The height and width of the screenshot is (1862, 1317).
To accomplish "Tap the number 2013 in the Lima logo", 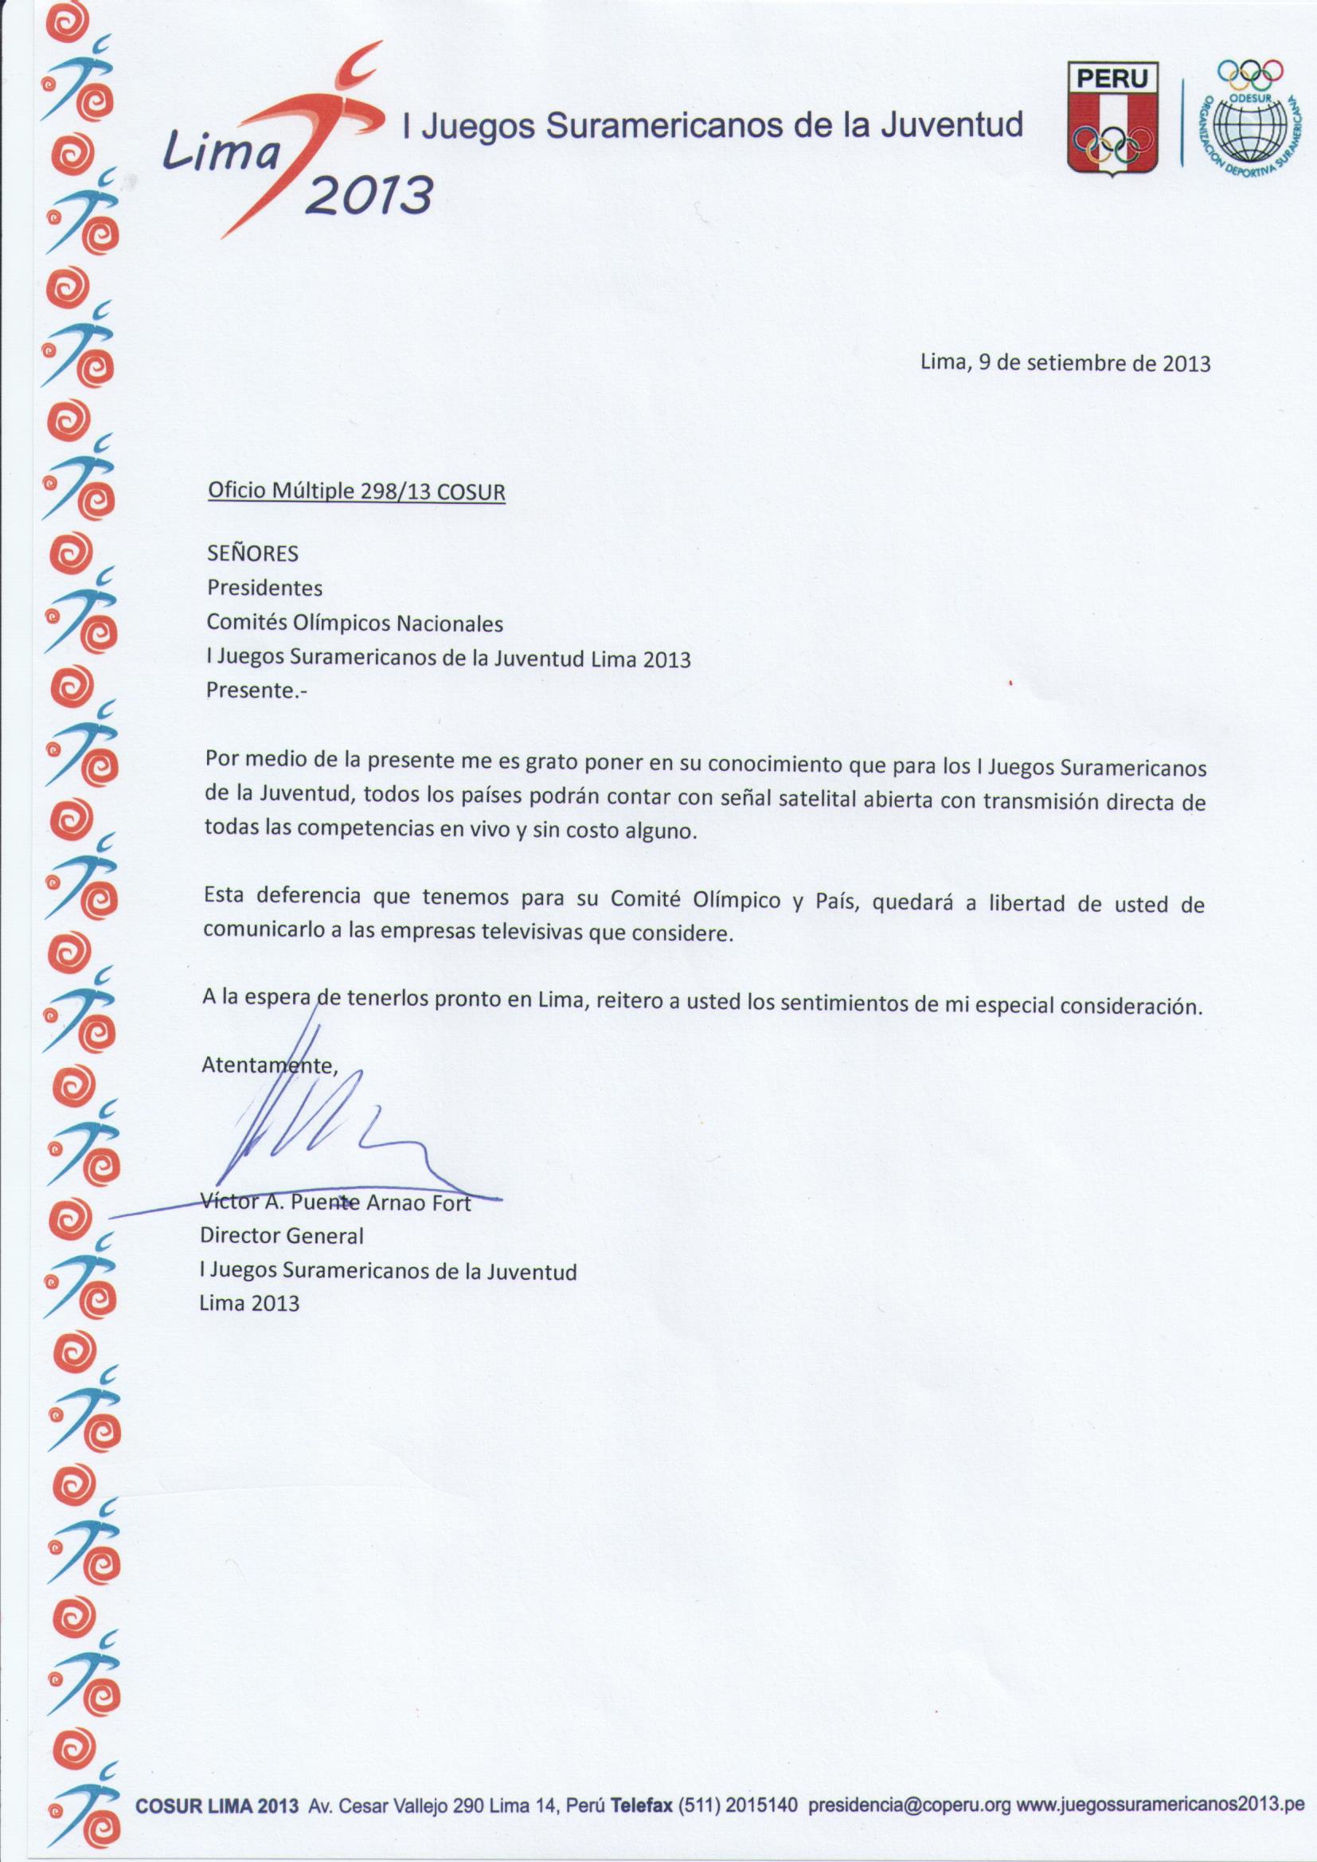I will pyautogui.click(x=368, y=194).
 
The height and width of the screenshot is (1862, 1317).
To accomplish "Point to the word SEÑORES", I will pyautogui.click(x=253, y=553).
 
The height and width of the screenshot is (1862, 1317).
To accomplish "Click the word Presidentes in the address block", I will pyautogui.click(x=264, y=588).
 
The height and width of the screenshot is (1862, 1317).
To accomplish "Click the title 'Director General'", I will pyautogui.click(x=281, y=1236).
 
